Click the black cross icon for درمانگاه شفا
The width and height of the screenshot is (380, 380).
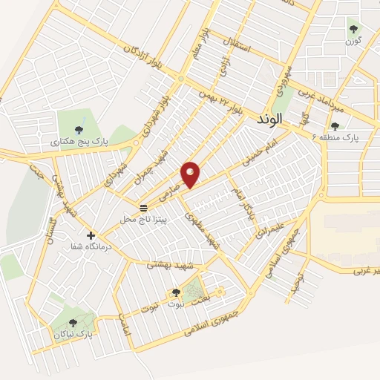click(x=91, y=235)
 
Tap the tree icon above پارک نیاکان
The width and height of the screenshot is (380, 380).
click(x=72, y=322)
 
